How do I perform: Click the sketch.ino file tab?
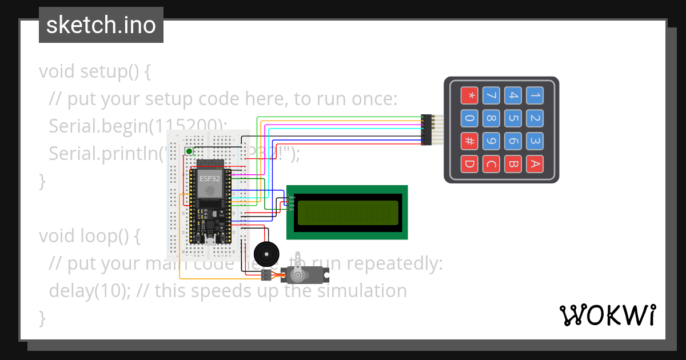point(101,25)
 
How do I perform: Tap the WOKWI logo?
point(607,315)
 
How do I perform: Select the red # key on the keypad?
point(470,141)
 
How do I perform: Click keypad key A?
point(534,165)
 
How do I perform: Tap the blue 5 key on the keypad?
point(513,118)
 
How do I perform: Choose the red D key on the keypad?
point(470,165)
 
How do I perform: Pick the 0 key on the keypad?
point(470,118)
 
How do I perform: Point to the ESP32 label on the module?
point(210,178)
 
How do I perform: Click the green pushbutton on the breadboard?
point(189,151)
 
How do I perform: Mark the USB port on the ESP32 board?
point(210,240)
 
